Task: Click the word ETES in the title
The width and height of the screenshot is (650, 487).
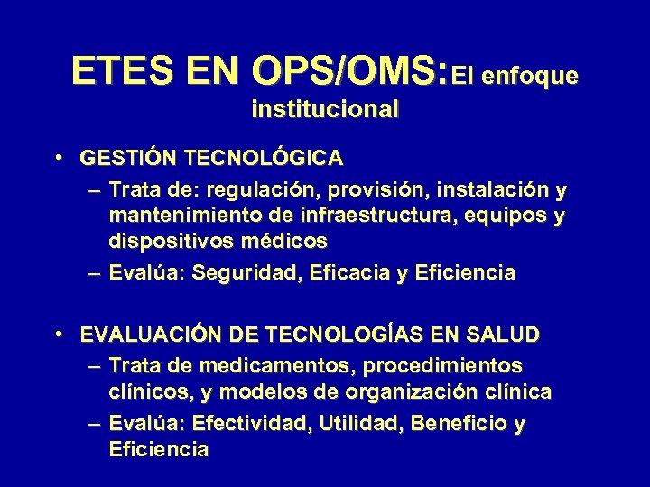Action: tap(113, 71)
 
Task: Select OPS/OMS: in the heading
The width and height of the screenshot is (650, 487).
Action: tap(351, 71)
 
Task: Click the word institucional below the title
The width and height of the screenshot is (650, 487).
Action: tap(325, 110)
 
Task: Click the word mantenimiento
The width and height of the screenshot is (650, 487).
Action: tap(181, 216)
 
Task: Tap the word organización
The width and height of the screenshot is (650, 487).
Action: tap(423, 392)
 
